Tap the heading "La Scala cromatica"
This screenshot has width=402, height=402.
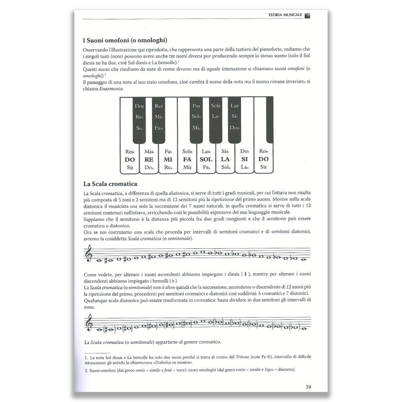coord(111,184)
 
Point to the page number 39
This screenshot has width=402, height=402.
coord(308,387)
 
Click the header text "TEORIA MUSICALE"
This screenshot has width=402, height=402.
coord(285,15)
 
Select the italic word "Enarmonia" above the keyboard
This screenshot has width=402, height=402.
coord(112,89)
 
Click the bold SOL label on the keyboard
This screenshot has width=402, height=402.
coord(206,160)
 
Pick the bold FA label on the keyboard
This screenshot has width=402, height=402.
coord(187,160)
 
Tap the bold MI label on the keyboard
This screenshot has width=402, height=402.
coord(168,160)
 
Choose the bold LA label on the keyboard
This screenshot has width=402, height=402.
coord(225,160)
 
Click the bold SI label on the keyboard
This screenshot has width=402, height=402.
coord(244,160)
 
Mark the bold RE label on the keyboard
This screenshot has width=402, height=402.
coord(149,160)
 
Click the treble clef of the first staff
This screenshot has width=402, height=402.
coord(89,254)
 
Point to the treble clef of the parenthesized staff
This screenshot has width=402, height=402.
coord(89,323)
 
